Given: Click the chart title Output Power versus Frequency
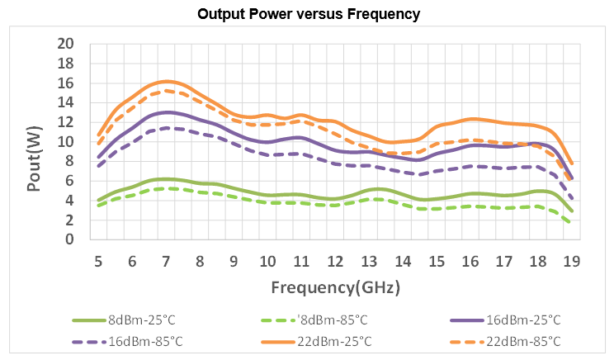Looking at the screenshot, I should point(307,15).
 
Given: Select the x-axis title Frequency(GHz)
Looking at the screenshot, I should point(335,287).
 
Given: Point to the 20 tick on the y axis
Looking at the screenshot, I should point(65,44).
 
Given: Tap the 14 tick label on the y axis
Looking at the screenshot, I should point(65,102).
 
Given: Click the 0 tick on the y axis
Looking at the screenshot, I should point(70,239).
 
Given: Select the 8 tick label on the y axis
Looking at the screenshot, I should point(70,161).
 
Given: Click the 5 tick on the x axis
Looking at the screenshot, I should point(98,260).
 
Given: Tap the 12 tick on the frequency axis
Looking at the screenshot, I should point(335,260).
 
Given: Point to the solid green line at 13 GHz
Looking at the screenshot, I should point(369,190).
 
